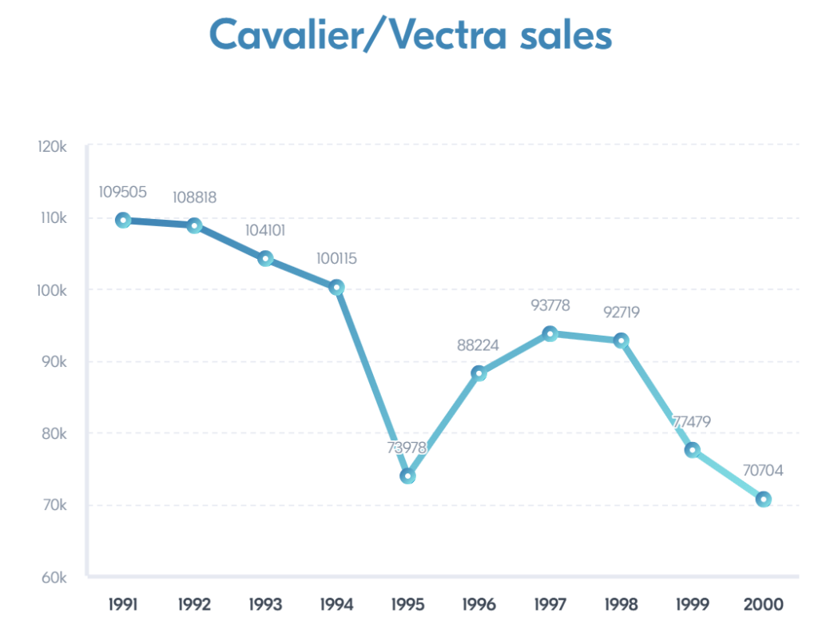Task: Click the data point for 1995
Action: click(x=407, y=476)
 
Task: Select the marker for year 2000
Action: click(x=764, y=500)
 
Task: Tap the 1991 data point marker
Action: click(x=123, y=220)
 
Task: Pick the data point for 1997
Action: click(x=550, y=333)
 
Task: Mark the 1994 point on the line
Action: click(x=336, y=287)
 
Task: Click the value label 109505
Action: click(x=123, y=193)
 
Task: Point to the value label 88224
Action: click(x=478, y=345)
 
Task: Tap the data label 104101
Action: click(x=265, y=231)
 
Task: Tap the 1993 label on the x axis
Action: click(x=265, y=604)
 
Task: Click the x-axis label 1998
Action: click(x=621, y=604)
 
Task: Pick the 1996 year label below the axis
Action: click(x=478, y=604)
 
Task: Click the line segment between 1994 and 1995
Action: click(x=372, y=382)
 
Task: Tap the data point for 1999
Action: click(x=692, y=450)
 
